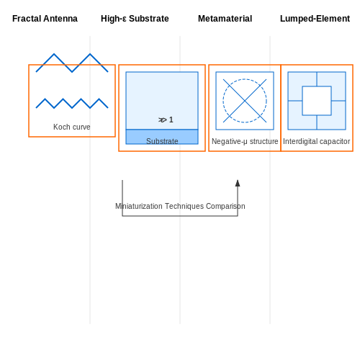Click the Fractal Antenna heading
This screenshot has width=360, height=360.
(45, 19)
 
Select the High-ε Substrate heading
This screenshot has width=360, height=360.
(135, 19)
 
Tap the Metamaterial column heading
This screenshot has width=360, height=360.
(225, 19)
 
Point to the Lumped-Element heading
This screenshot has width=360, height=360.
(315, 19)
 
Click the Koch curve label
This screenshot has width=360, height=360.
(72, 127)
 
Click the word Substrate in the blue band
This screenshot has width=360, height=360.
(162, 141)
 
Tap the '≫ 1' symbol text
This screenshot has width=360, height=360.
(166, 120)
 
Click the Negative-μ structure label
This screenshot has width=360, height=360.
(245, 141)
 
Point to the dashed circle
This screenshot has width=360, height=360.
(245, 79)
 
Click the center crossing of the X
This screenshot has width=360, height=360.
(245, 101)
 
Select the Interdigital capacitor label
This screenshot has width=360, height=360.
(317, 141)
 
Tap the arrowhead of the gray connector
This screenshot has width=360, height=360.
(238, 183)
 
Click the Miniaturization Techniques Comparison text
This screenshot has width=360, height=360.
(180, 206)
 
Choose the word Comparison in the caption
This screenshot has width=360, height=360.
(225, 206)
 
